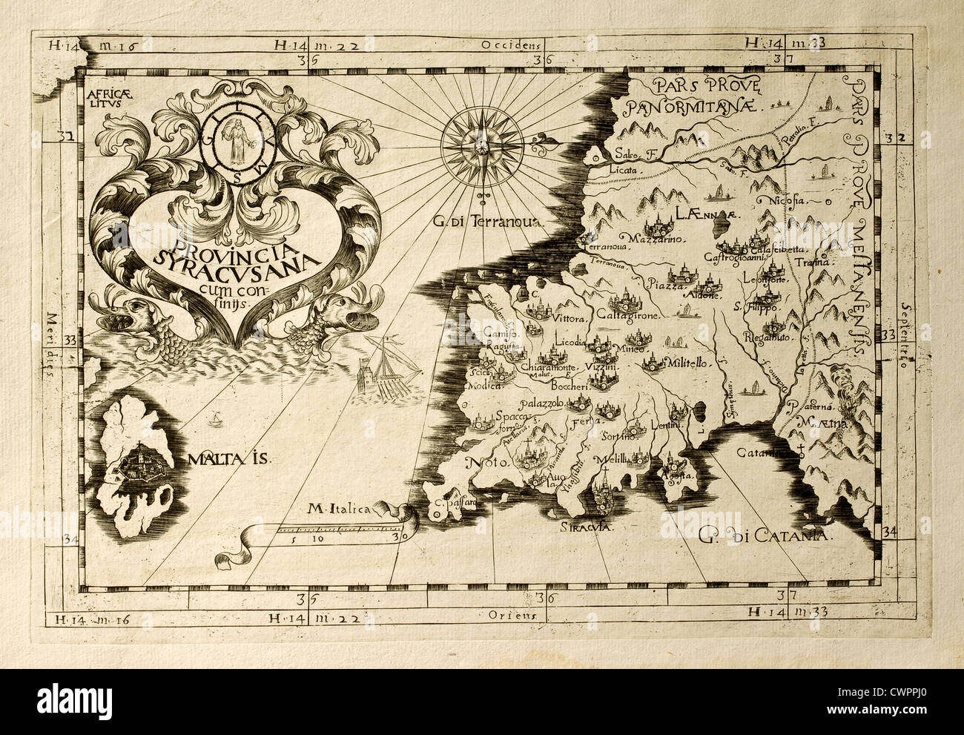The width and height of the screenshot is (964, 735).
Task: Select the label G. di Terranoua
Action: [x=489, y=220]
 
